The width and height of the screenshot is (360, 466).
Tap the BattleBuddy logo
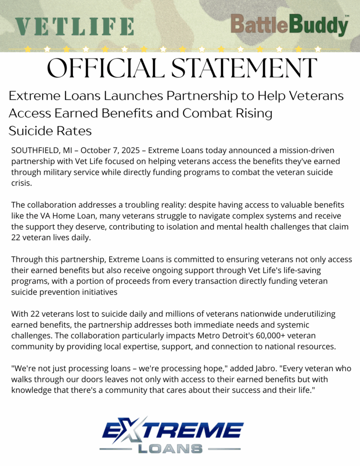289,25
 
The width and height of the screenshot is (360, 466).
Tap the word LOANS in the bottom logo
170,448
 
